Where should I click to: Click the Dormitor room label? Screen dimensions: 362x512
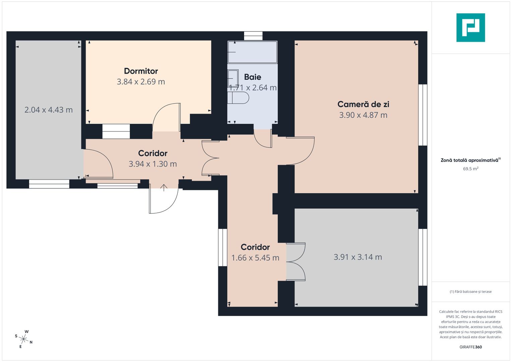[x=141, y=71]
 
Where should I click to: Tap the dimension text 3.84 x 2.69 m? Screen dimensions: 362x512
[x=141, y=82]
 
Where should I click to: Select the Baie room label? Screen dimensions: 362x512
[x=252, y=77]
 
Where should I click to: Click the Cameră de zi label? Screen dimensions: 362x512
[x=363, y=104]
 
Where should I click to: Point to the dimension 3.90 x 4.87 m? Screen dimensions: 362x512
[x=363, y=115]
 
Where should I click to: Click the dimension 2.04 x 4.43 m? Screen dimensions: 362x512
[x=49, y=110]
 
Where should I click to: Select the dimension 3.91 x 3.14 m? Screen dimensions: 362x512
[x=358, y=257]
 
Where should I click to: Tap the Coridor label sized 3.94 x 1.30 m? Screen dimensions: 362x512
[x=153, y=153]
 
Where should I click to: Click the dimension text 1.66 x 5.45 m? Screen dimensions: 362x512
[x=255, y=258]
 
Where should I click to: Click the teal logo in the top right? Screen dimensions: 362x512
[x=470, y=27]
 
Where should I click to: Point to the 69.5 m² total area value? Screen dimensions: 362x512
[x=470, y=169]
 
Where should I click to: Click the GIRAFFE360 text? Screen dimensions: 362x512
[x=470, y=347]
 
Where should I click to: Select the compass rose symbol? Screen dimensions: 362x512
[x=24, y=338]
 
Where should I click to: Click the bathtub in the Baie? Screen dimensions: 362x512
[x=252, y=52]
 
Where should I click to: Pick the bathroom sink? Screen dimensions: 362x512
[x=233, y=78]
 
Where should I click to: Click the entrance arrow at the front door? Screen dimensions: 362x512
[x=164, y=187]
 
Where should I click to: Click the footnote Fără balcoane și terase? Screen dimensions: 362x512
[x=470, y=292]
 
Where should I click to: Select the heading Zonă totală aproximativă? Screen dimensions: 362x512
[x=469, y=160]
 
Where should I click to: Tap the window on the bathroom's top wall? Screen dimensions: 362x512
[x=253, y=36]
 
